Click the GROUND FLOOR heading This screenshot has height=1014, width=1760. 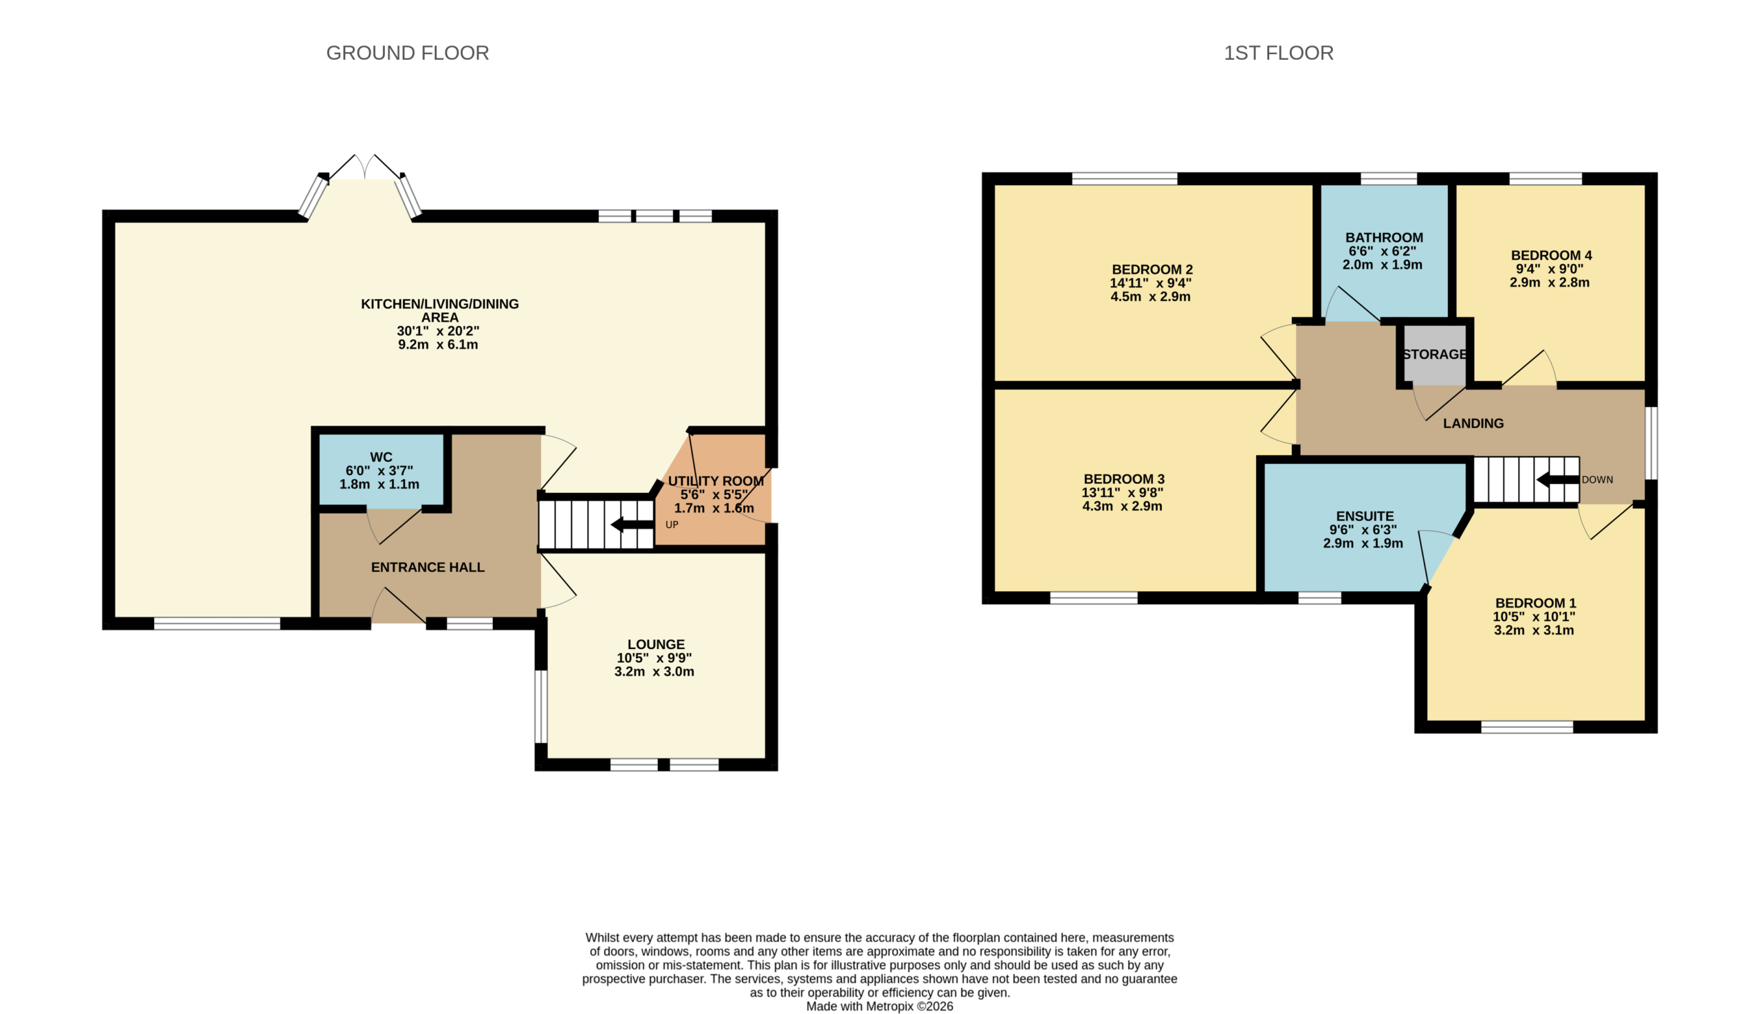tap(408, 53)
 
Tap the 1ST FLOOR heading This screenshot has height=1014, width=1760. tap(1279, 53)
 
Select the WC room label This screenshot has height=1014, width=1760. tap(381, 457)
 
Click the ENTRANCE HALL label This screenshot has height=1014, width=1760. tap(428, 567)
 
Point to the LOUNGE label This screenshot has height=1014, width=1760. tap(656, 644)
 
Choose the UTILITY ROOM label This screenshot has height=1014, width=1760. tap(716, 481)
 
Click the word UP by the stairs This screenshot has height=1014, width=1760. tap(672, 525)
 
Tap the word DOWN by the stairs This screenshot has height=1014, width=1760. tap(1597, 479)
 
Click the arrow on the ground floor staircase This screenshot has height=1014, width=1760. tap(632, 524)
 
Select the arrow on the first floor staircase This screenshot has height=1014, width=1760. tap(1558, 479)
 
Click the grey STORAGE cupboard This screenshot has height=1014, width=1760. tap(1435, 355)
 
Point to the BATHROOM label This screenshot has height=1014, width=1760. tap(1384, 237)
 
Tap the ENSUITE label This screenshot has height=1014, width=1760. tap(1365, 516)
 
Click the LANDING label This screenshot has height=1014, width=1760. tap(1473, 423)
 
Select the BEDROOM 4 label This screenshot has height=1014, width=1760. tap(1551, 255)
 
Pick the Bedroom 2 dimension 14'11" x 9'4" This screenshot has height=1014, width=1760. tap(1151, 283)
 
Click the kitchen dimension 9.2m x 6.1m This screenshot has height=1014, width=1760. tap(438, 344)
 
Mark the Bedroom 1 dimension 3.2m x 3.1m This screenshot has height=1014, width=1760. tap(1534, 630)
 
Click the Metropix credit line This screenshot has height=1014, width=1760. tap(879, 1006)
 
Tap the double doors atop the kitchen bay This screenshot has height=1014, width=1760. tap(364, 167)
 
